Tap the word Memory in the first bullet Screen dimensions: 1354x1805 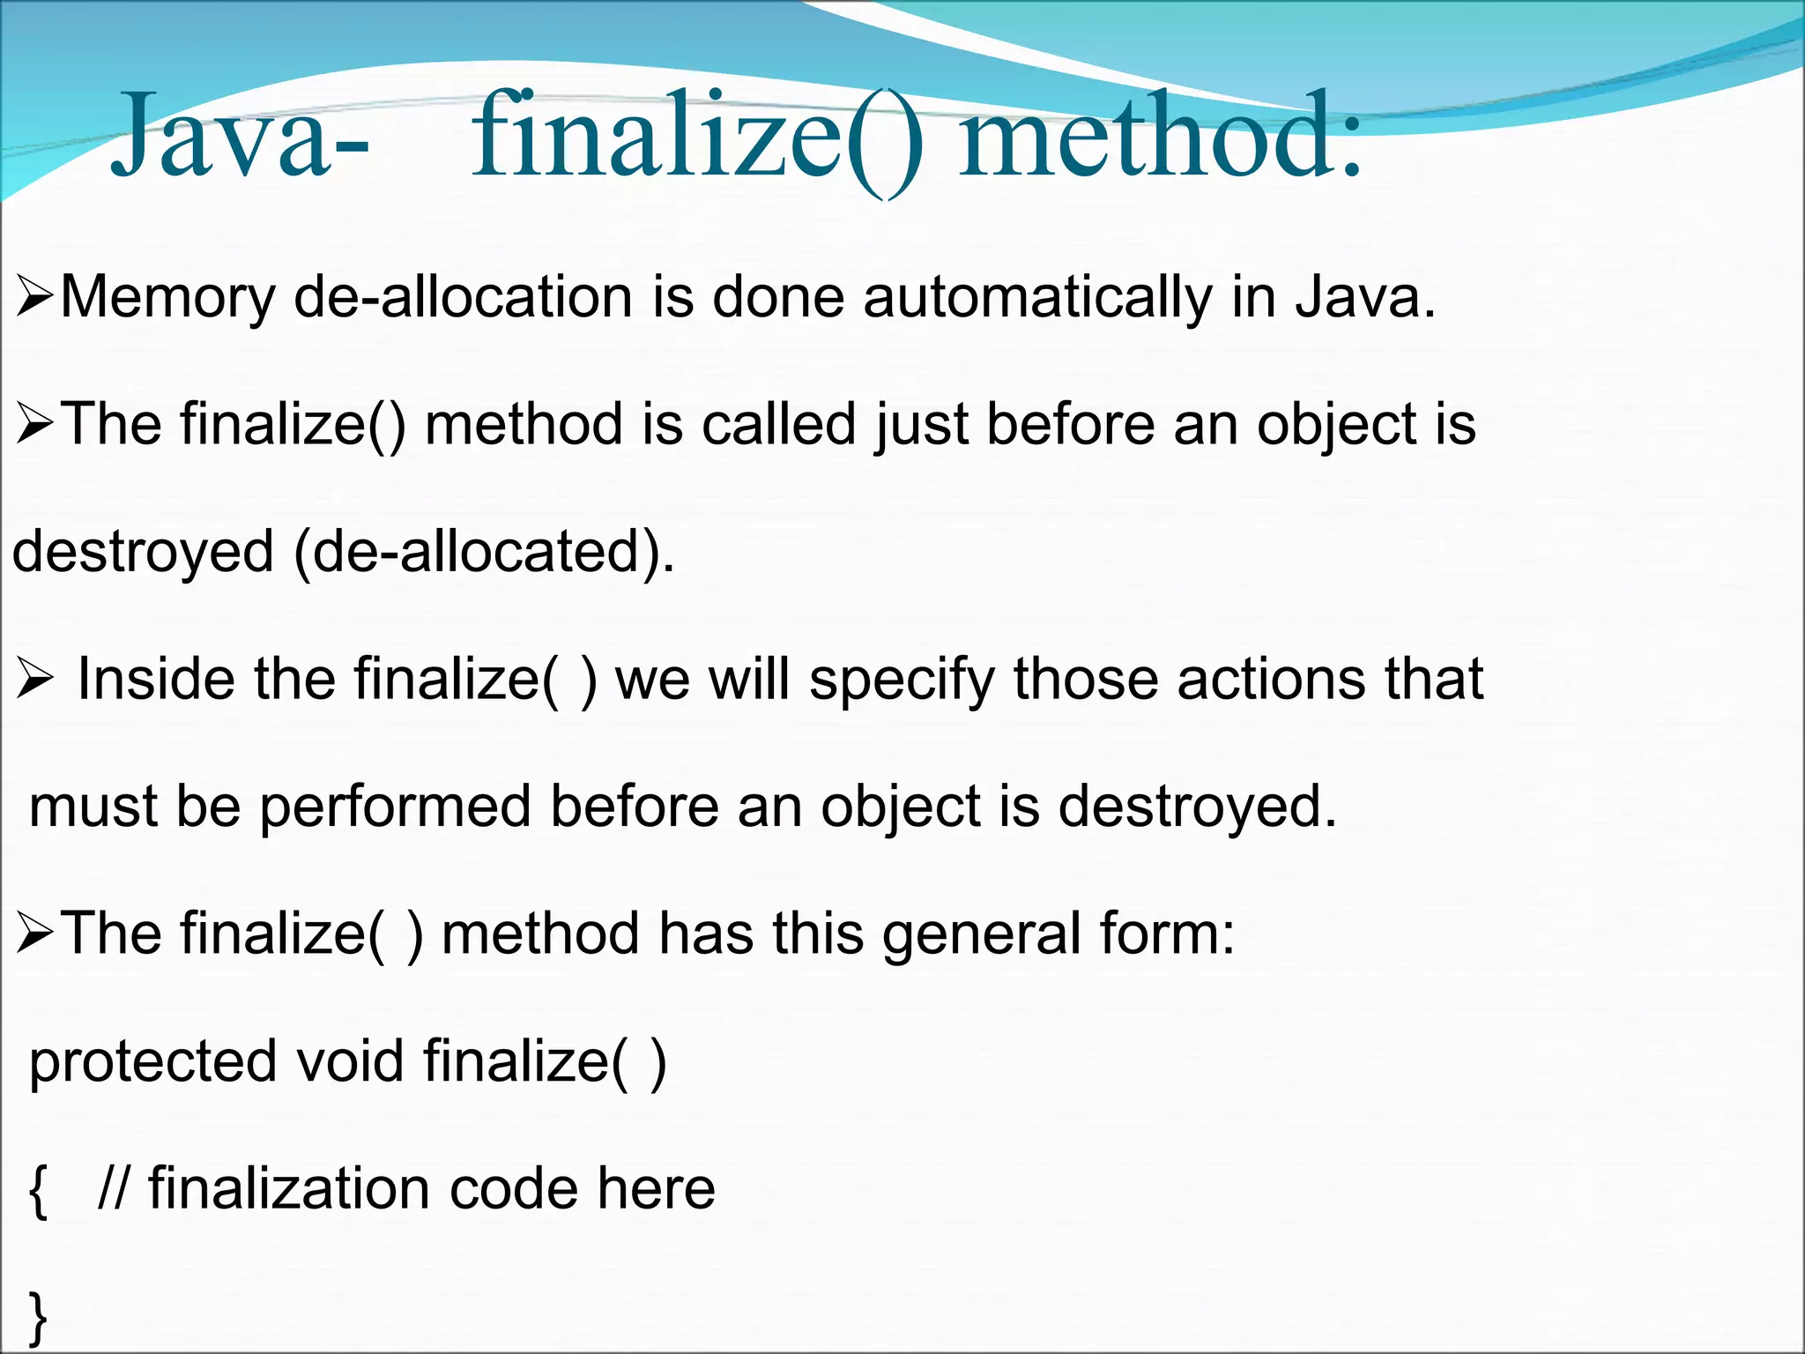click(167, 298)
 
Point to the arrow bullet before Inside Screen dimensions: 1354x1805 click(35, 680)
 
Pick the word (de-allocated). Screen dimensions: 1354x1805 click(484, 554)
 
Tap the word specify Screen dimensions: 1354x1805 click(902, 681)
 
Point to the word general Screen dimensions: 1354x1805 click(981, 934)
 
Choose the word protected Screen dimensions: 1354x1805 click(152, 1061)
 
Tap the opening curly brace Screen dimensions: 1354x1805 click(37, 1190)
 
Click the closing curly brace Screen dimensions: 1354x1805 click(37, 1317)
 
